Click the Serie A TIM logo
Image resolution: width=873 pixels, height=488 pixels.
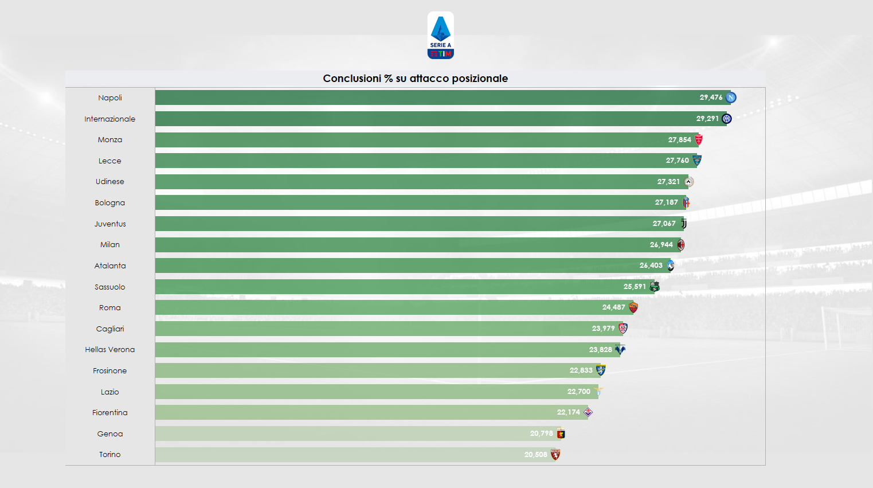tap(440, 36)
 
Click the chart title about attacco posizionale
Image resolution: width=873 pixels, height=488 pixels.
tap(415, 79)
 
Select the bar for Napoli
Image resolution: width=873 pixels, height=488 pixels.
tap(424, 97)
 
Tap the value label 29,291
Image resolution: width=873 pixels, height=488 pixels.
tap(707, 119)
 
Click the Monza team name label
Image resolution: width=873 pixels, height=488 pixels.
tap(110, 140)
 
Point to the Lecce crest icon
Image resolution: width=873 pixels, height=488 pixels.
tap(697, 161)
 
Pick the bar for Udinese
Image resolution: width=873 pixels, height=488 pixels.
tap(401, 182)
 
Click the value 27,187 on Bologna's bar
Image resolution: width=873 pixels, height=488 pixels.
tap(666, 202)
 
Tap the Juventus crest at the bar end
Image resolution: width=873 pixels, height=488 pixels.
tap(683, 224)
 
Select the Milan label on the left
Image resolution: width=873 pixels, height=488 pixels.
tap(110, 245)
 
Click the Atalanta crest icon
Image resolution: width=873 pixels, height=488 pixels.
tap(670, 266)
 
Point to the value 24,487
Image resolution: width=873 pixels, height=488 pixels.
tap(613, 307)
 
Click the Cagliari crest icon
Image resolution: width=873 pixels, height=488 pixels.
tap(623, 329)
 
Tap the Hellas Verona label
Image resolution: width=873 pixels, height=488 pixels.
tap(110, 350)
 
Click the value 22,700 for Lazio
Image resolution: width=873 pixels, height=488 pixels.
tap(578, 392)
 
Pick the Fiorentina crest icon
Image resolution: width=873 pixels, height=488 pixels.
tap(588, 412)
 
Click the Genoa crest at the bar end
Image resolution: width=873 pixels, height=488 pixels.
tap(561, 434)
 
